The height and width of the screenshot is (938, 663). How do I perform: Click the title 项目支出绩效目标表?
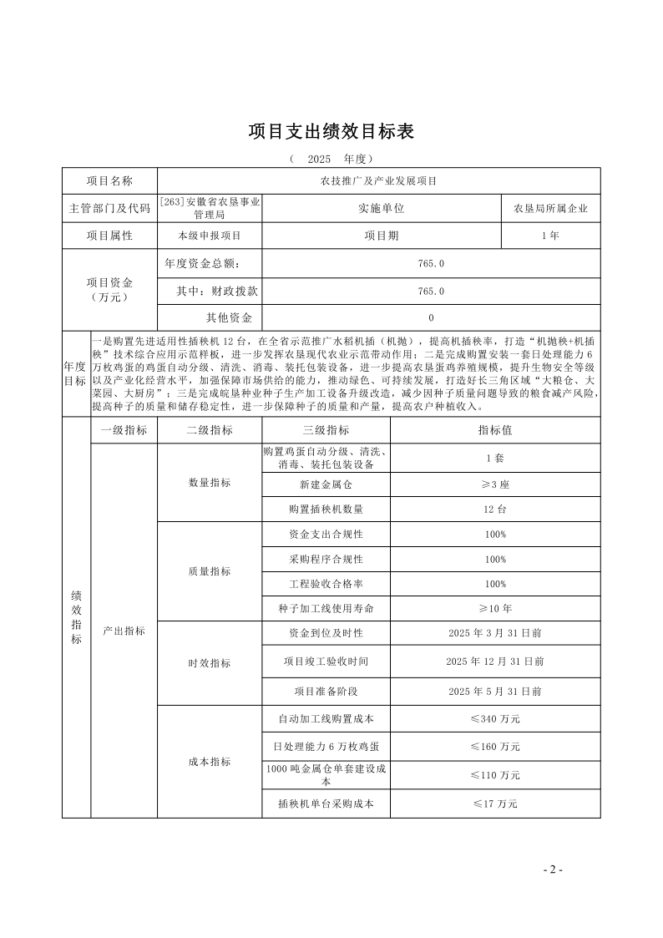click(x=331, y=132)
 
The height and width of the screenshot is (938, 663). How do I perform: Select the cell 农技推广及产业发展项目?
click(x=379, y=180)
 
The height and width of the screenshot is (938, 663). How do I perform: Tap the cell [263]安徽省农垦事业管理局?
click(x=210, y=208)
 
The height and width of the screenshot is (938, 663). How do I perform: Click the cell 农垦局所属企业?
click(x=550, y=208)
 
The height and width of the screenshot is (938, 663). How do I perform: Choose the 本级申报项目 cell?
click(x=210, y=236)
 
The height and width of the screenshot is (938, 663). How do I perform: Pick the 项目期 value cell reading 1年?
click(x=550, y=236)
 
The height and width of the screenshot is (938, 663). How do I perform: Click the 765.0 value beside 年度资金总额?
click(x=431, y=263)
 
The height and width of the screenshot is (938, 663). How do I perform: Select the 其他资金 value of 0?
click(x=431, y=318)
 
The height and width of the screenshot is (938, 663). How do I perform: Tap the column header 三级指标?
click(x=326, y=430)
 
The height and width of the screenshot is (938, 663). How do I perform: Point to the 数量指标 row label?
click(x=210, y=484)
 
